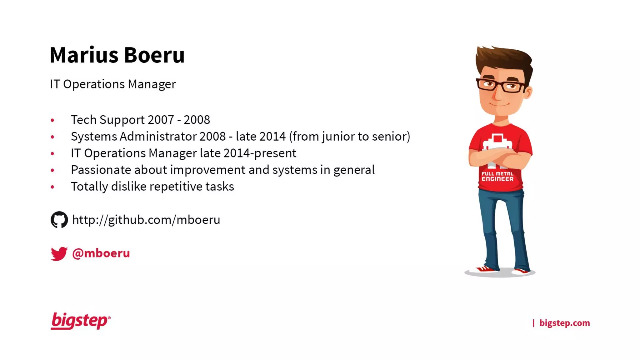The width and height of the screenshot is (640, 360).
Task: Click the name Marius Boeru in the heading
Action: click(117, 55)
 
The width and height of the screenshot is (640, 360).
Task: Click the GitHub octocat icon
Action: click(59, 220)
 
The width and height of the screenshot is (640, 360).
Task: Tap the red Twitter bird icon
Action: click(59, 253)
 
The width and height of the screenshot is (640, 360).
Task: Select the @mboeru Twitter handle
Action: click(101, 253)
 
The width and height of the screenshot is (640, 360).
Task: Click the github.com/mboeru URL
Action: click(146, 220)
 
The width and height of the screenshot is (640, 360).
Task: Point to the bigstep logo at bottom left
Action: click(80, 321)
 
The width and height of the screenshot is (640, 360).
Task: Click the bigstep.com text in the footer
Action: click(564, 323)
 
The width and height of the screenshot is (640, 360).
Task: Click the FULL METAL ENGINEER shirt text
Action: click(497, 176)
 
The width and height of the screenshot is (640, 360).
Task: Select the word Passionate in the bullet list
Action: click(101, 170)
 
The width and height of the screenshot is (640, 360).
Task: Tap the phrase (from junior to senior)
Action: click(349, 137)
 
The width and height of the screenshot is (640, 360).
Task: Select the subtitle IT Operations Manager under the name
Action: click(113, 84)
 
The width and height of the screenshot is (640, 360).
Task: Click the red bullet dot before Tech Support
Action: click(52, 120)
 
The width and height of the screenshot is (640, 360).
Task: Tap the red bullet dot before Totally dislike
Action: click(52, 187)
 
